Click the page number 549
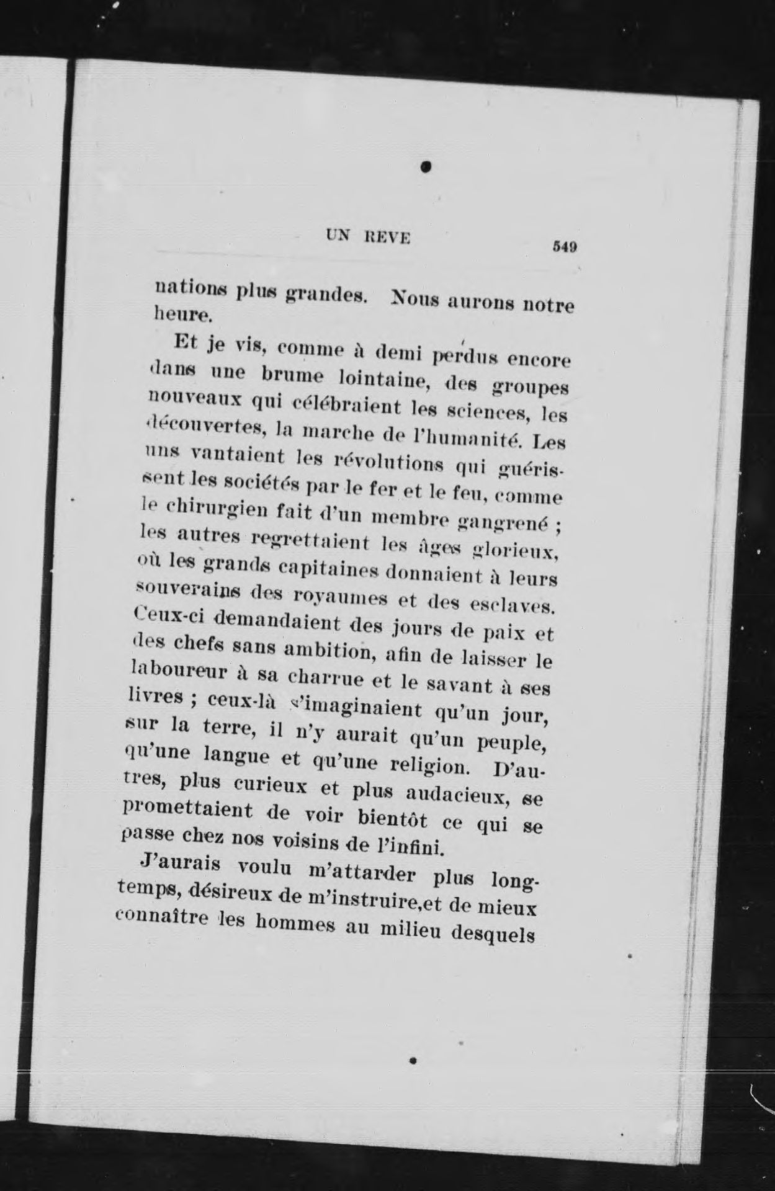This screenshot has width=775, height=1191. [565, 246]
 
